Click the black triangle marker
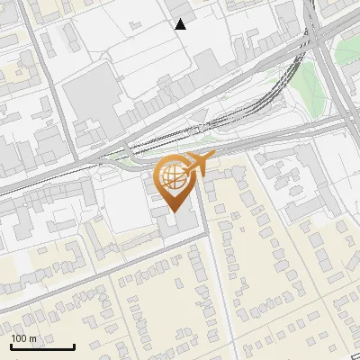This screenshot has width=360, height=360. pos(181,24)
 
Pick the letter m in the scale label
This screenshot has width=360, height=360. pos(33,338)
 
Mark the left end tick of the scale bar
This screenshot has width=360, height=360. pos(11,346)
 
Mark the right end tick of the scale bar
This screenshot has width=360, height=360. pos(74,346)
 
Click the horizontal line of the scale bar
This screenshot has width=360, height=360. pos(42,347)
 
